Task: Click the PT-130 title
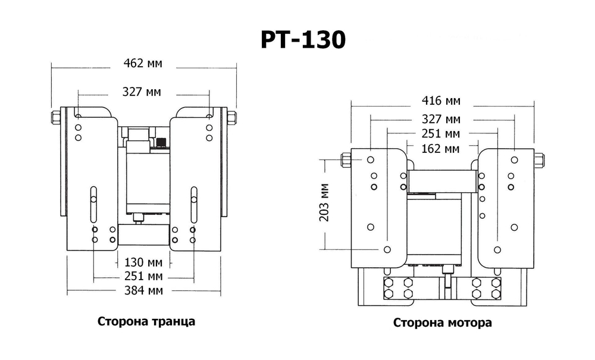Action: coord(303,40)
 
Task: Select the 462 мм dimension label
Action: coord(142,62)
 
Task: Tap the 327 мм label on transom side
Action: coord(142,92)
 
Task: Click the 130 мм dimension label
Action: coord(143,262)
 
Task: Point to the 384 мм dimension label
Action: coord(143,290)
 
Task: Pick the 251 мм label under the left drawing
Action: coord(143,276)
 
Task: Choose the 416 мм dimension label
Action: coord(441,101)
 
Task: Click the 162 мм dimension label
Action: coord(441,148)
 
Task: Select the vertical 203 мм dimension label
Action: coord(324,202)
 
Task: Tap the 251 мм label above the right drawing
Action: coord(441,133)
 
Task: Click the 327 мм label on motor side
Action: coord(441,119)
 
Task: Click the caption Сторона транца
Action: coord(146,321)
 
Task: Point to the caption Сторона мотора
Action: coord(442,323)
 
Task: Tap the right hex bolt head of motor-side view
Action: coord(539,159)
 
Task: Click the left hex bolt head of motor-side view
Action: coord(345,159)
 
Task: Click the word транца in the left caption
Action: coord(173,321)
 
